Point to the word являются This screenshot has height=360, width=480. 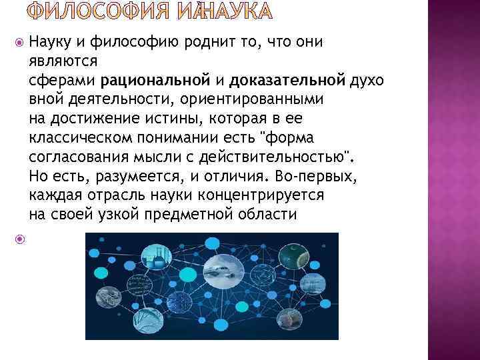64,61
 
